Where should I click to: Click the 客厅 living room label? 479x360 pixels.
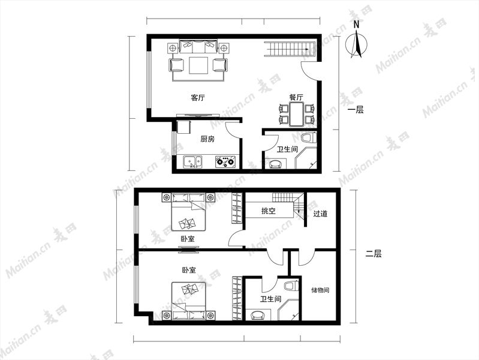(198, 98)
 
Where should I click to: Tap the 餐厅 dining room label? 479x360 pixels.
(296, 97)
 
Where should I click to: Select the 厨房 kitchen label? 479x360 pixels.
(207, 139)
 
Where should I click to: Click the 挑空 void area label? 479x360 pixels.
(269, 211)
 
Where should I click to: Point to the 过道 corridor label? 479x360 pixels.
(320, 214)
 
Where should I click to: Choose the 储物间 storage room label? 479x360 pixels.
(320, 290)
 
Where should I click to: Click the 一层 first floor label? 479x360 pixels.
(356, 110)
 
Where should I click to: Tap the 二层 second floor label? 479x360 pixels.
(373, 254)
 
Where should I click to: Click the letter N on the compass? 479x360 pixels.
(356, 25)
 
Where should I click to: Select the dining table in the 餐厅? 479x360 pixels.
(296, 115)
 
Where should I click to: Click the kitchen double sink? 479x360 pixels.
(192, 162)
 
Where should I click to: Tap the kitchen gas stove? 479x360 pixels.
(225, 162)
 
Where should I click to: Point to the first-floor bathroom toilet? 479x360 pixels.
(309, 137)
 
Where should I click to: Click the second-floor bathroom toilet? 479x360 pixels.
(291, 286)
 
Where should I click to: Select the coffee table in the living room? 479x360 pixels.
(199, 65)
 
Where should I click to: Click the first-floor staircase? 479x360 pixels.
(290, 49)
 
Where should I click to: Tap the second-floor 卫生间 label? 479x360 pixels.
(270, 299)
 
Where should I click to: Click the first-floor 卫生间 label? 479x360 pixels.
(288, 149)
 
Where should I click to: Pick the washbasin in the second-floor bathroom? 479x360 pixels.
(258, 315)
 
